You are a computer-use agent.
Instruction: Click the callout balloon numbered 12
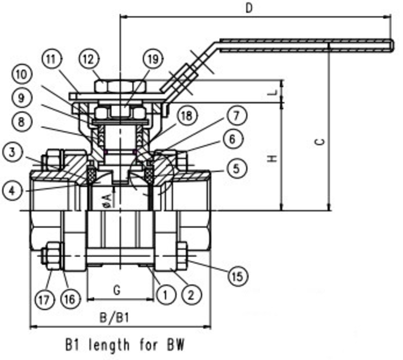89,59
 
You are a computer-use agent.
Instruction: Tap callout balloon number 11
51,59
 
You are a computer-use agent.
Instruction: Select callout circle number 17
44,300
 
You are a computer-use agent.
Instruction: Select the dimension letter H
273,158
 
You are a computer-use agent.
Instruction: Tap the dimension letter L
273,93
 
